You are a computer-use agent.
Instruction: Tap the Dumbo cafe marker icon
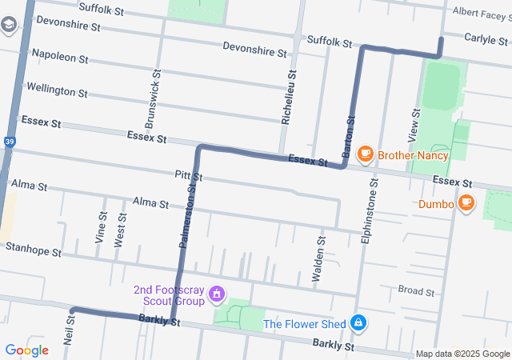pyautogui.click(x=466, y=203)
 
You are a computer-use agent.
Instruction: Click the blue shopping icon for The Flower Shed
pyautogui.click(x=359, y=323)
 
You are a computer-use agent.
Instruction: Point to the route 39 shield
pyautogui.click(x=9, y=142)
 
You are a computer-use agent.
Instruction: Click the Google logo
pyautogui.click(x=26, y=350)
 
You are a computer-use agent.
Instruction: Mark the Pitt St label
pyautogui.click(x=188, y=175)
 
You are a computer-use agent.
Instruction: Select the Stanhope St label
pyautogui.click(x=33, y=250)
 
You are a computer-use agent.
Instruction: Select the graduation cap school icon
pyautogui.click(x=9, y=26)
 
